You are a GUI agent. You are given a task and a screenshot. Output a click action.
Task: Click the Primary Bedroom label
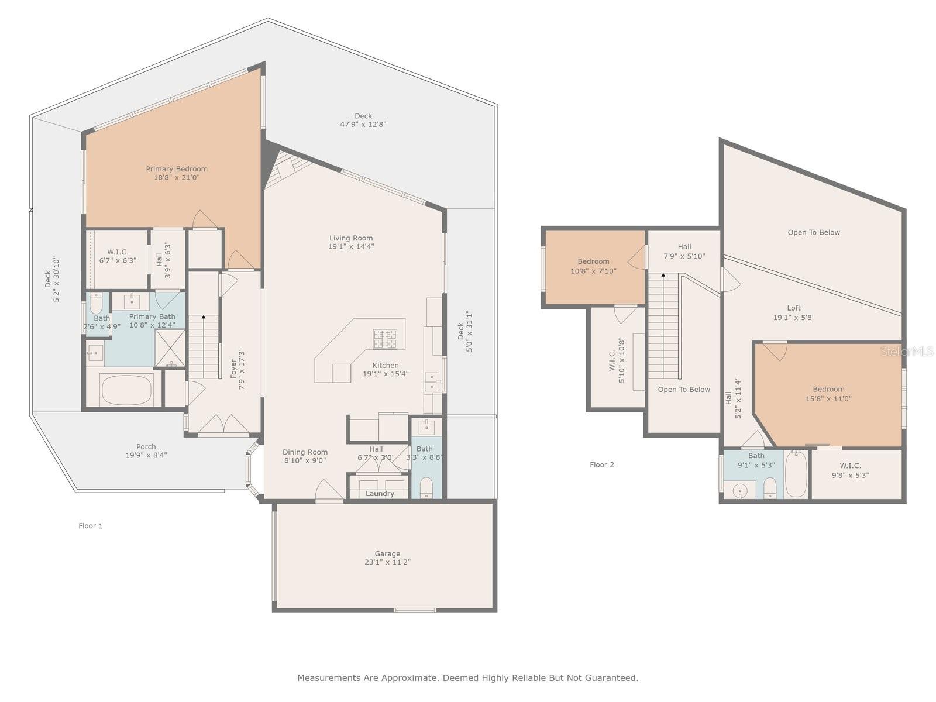(177, 169)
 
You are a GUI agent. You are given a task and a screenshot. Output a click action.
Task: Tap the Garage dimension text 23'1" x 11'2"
(387, 562)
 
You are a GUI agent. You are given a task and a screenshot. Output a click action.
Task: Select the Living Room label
(351, 238)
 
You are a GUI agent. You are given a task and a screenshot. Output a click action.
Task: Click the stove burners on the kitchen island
(385, 339)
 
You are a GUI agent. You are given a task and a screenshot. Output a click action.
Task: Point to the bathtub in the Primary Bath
(126, 390)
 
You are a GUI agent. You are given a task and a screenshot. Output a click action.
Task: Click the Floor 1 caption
(91, 525)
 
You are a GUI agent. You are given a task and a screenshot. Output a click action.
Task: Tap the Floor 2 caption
(602, 464)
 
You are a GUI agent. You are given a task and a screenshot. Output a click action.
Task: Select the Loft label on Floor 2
(794, 308)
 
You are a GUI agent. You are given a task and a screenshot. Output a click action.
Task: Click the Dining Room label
(305, 452)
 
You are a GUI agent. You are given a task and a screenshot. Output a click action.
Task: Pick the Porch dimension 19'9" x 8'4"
(146, 455)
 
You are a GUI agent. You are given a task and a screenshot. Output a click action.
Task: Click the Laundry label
(380, 494)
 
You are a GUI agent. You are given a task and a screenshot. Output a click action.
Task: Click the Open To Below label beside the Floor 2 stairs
(683, 389)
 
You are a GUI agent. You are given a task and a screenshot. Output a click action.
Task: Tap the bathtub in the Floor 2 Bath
(796, 473)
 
